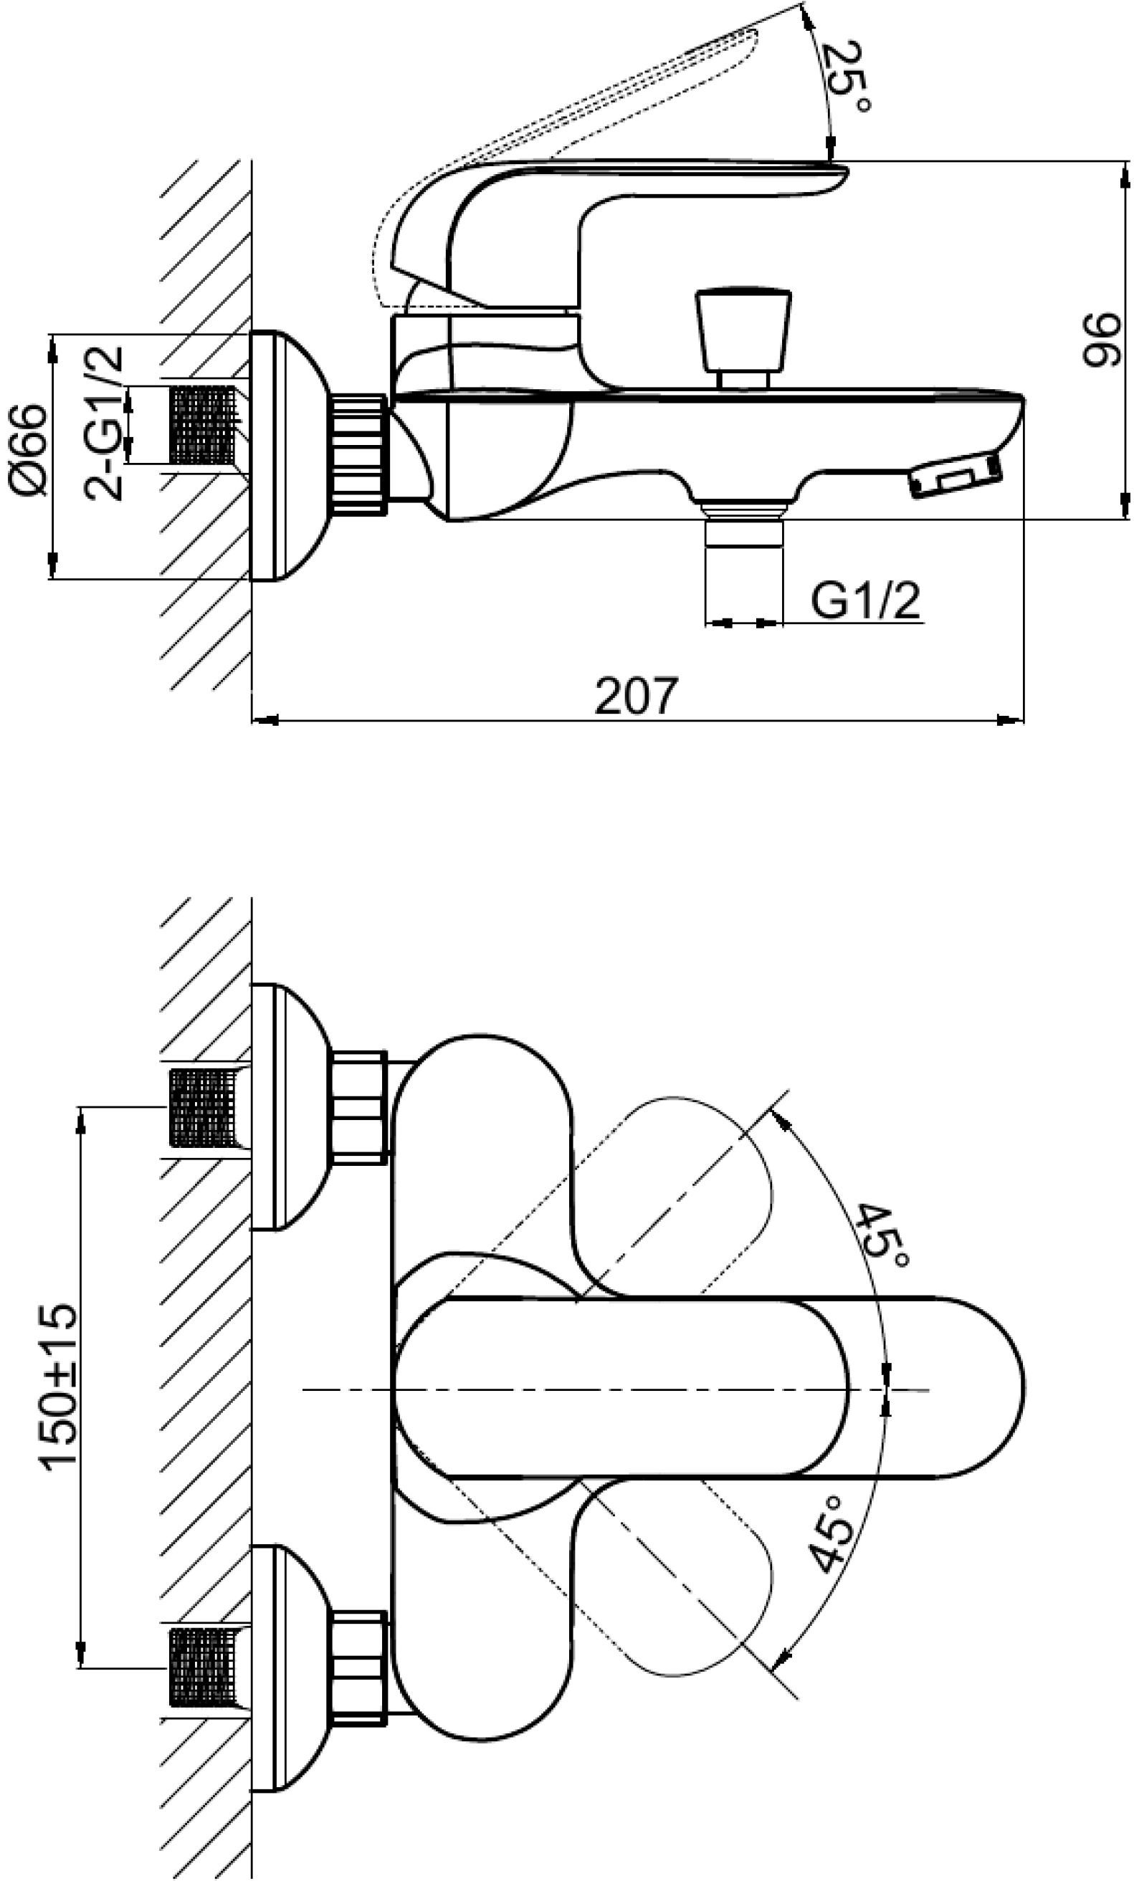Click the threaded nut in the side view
tap(361, 454)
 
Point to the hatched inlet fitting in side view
tap(205, 425)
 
